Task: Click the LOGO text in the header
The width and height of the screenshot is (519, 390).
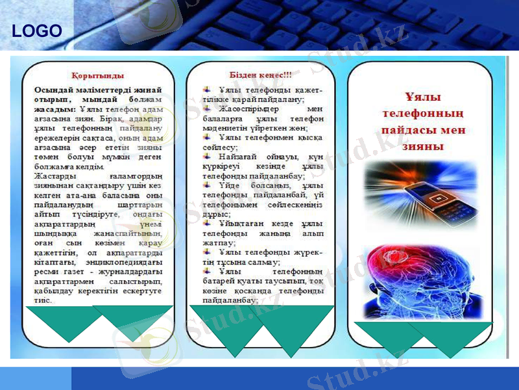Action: [x=37, y=31]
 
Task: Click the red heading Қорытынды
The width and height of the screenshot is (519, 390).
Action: [x=98, y=75]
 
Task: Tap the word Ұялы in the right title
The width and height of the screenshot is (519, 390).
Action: [x=423, y=97]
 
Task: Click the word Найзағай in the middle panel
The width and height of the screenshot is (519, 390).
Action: [x=239, y=158]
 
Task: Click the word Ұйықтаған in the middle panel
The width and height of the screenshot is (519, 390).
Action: [x=242, y=224]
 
